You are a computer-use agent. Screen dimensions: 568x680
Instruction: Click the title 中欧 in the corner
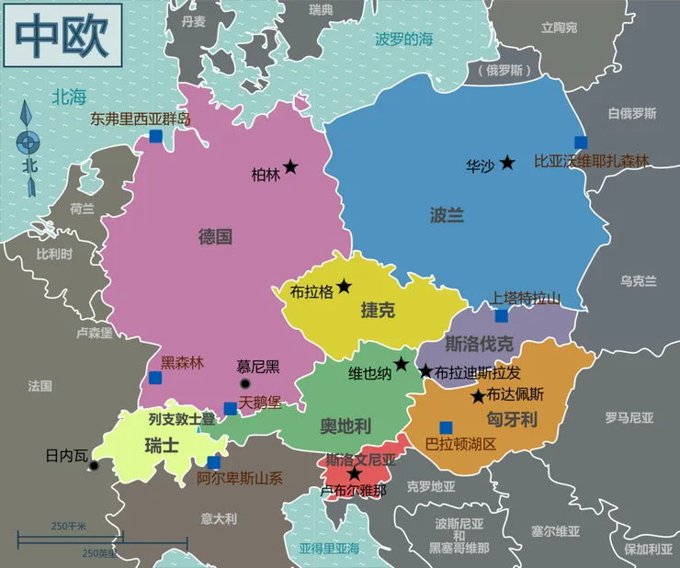(57, 36)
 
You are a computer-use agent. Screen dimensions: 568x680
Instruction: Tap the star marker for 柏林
(290, 166)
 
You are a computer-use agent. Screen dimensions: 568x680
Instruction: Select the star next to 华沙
(506, 163)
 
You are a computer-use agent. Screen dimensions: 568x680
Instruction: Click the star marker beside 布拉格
(344, 286)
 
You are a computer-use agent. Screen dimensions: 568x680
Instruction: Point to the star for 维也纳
(402, 364)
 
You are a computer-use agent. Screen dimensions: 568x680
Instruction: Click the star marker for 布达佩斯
(478, 396)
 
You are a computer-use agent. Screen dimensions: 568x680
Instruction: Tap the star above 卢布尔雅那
(355, 473)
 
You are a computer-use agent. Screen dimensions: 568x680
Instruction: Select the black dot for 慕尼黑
(244, 383)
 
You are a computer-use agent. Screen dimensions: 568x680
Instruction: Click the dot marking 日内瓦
(94, 466)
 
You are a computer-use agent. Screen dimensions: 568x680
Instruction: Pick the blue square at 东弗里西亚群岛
(155, 136)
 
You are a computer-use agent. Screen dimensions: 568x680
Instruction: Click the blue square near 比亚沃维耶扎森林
(581, 142)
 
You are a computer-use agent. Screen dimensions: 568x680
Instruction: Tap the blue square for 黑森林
(155, 377)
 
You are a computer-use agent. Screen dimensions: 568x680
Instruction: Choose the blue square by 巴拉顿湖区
(446, 426)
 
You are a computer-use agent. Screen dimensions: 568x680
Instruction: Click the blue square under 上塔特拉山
(502, 315)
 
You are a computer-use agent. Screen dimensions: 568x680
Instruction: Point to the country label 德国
(215, 236)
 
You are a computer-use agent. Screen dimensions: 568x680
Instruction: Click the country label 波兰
(447, 215)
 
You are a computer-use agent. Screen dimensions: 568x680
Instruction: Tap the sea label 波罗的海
(403, 39)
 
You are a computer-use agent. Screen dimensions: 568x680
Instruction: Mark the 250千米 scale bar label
(68, 526)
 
